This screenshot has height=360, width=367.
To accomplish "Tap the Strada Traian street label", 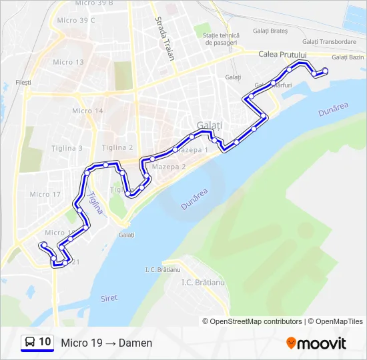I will (165, 40).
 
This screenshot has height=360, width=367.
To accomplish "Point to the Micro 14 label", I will (87, 111).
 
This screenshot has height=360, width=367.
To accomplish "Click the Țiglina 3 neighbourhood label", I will (67, 148).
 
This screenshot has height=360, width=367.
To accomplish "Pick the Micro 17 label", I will (45, 195).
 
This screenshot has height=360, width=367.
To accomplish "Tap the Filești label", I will (23, 82).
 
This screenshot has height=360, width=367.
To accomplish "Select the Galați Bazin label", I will (347, 57).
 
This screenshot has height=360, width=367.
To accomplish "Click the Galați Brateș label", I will (270, 31).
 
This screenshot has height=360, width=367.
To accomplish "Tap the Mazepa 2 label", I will (169, 167).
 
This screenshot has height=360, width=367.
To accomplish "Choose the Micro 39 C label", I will (76, 20).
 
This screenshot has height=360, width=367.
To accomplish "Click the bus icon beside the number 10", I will (30, 343).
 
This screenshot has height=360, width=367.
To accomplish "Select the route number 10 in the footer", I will (45, 342).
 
